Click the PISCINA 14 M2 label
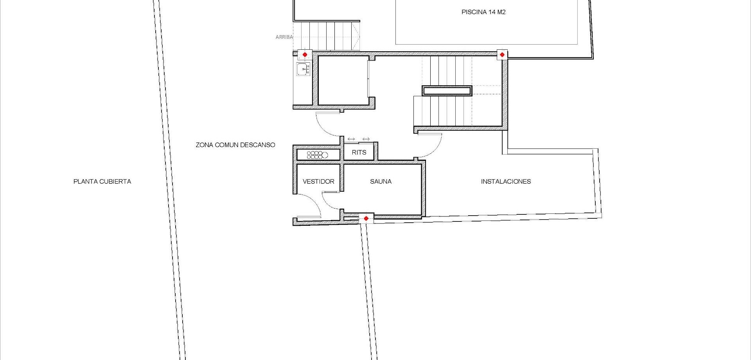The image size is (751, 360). [x=483, y=12]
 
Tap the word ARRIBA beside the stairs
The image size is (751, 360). [x=284, y=37]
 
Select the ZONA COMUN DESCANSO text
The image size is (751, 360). [x=235, y=145]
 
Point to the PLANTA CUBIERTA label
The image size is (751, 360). [x=102, y=182]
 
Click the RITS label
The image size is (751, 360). [x=359, y=152]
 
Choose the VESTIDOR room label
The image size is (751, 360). [x=318, y=182]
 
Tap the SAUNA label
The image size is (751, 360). [x=381, y=182]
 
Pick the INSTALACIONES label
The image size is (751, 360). [x=506, y=182]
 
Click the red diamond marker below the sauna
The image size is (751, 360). [x=366, y=218]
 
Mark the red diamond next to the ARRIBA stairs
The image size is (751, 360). [x=305, y=55]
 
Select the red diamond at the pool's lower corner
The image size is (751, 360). [x=502, y=55]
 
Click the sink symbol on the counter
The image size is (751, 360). [x=303, y=69]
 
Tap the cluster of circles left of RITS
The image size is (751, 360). [x=317, y=155]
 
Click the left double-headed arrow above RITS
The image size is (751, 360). [x=351, y=139]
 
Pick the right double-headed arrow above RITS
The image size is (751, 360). [x=366, y=139]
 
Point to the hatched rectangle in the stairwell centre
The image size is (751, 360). [x=447, y=91]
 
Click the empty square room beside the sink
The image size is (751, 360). [x=343, y=81]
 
